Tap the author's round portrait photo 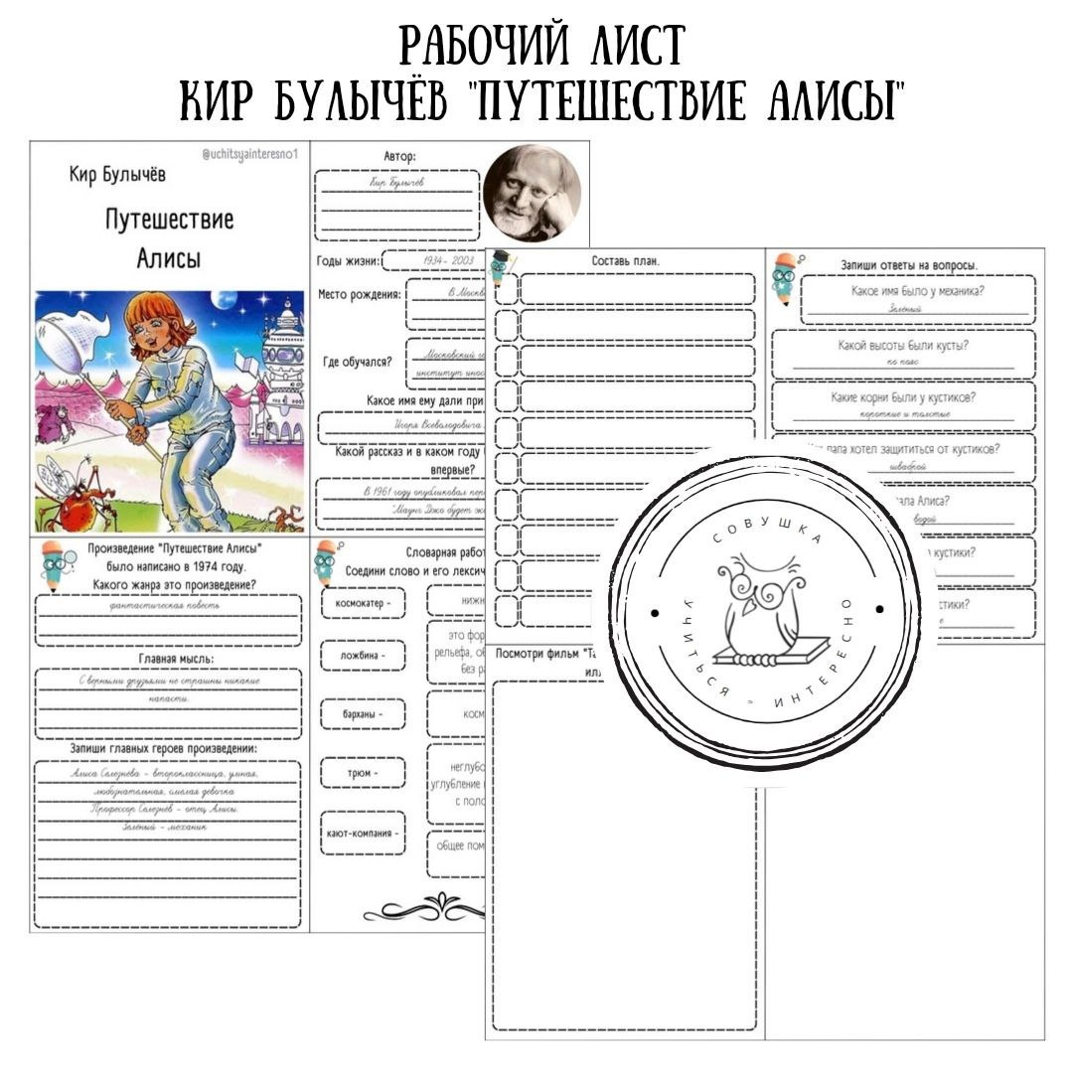tap(532, 193)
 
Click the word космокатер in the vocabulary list tap(363, 602)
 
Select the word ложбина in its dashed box tap(363, 656)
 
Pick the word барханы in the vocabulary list tap(363, 713)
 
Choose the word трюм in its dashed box tap(363, 772)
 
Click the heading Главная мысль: tap(168, 657)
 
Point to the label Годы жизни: tap(348, 261)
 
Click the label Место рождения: tap(360, 294)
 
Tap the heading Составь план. tap(626, 260)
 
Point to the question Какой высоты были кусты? tap(903, 345)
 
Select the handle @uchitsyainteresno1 tap(248, 154)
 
